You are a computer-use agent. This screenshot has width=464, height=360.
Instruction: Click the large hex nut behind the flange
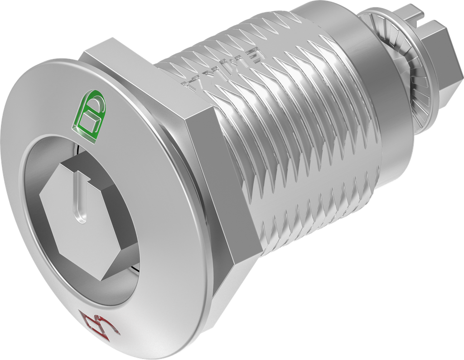click(227, 190)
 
